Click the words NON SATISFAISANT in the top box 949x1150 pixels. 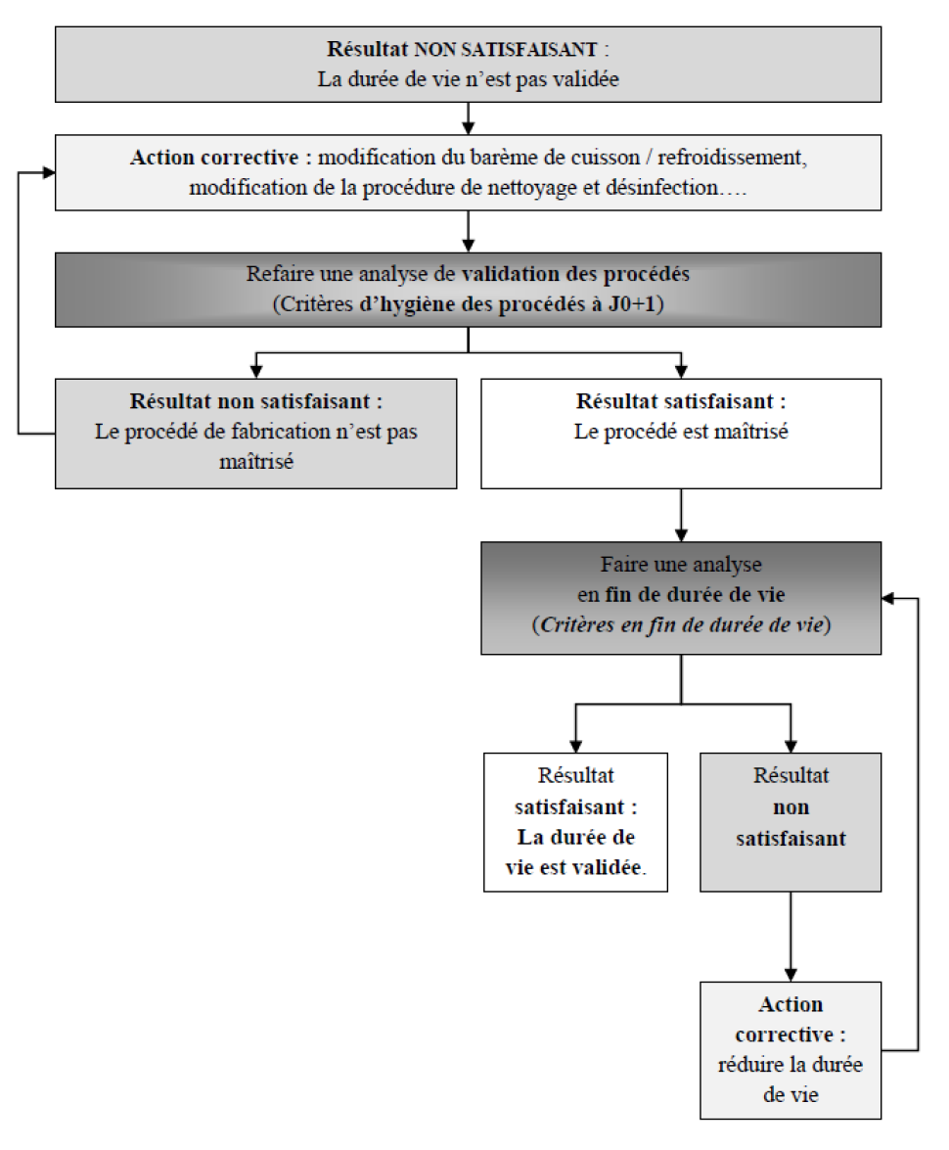point(506,50)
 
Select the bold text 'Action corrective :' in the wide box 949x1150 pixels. point(221,158)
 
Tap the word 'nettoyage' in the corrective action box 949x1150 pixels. point(531,188)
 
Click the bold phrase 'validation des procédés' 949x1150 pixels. point(575,274)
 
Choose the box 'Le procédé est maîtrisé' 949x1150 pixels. point(681,434)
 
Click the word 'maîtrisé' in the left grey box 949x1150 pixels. point(256,461)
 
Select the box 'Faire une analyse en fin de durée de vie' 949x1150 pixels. point(681,598)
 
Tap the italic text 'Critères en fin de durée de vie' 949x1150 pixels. point(682,624)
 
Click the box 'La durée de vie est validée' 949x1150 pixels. point(575,822)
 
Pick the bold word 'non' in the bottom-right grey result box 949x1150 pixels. point(791,807)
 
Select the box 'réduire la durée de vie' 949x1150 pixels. point(791,1050)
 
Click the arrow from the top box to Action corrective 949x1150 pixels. point(468,118)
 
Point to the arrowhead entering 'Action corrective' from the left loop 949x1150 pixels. point(49,173)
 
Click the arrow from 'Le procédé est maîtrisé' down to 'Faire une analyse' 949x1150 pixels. point(681,516)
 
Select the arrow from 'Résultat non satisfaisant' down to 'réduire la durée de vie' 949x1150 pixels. point(791,937)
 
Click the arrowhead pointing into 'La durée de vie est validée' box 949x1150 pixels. point(575,747)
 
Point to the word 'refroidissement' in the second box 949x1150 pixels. point(733,158)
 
